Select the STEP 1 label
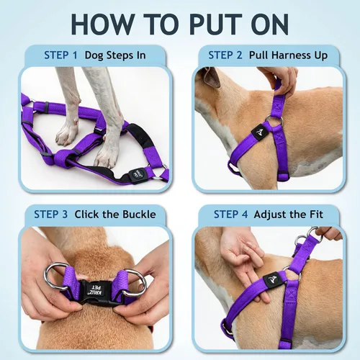click(x=60, y=55)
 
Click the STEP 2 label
click(x=225, y=55)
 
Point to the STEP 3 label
click(x=51, y=215)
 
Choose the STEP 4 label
click(x=230, y=215)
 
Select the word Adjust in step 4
click(x=269, y=215)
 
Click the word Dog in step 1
click(x=94, y=55)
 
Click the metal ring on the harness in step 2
click(x=274, y=120)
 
